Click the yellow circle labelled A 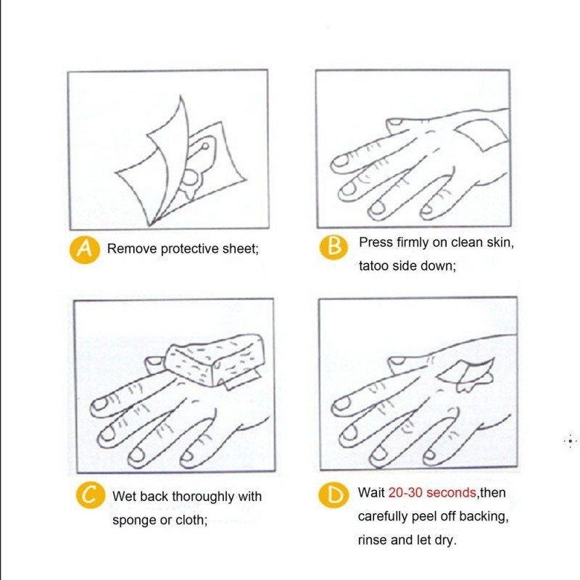point(84,250)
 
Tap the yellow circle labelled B point(333,246)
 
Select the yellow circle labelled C point(91,495)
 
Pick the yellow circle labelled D point(333,494)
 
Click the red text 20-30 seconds point(432,493)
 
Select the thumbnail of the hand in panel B point(394,121)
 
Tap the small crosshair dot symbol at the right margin point(571,441)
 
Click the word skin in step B point(500,243)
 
